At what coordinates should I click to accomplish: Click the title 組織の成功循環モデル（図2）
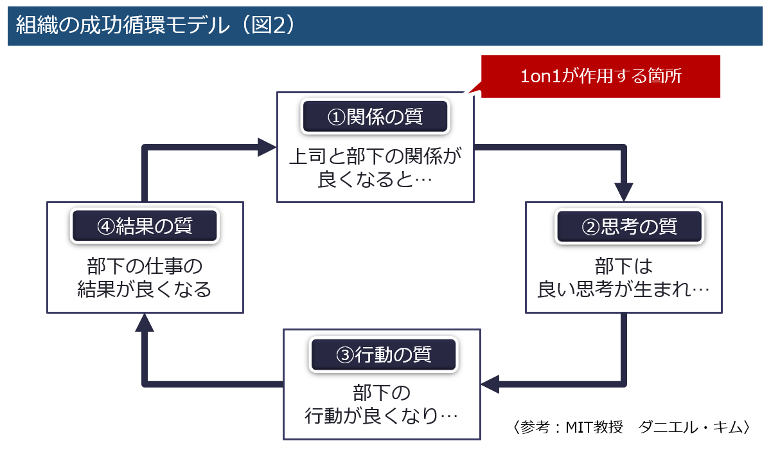pyautogui.click(x=155, y=25)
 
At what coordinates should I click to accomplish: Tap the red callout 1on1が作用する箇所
pyautogui.click(x=600, y=76)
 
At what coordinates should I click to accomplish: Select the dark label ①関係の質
pyautogui.click(x=375, y=116)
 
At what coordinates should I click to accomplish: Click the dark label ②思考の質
pyautogui.click(x=629, y=226)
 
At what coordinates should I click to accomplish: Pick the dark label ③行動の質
pyautogui.click(x=384, y=354)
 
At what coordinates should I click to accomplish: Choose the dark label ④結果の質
pyautogui.click(x=145, y=226)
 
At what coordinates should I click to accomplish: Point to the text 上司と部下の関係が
pyautogui.click(x=375, y=156)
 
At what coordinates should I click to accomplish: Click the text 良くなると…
pyautogui.click(x=375, y=179)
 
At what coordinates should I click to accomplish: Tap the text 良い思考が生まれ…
pyautogui.click(x=623, y=289)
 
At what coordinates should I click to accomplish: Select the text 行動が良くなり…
pyautogui.click(x=382, y=415)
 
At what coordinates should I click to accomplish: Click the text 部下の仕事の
pyautogui.click(x=145, y=266)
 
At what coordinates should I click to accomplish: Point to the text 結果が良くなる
pyautogui.click(x=145, y=289)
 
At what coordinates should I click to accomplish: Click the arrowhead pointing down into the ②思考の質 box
pyautogui.click(x=624, y=192)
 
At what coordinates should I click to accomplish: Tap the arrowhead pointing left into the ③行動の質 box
pyautogui.click(x=490, y=384)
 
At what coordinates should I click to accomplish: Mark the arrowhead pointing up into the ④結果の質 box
pyautogui.click(x=145, y=323)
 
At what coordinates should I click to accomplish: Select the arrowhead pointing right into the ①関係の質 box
pyautogui.click(x=267, y=147)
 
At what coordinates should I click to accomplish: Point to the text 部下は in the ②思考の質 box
pyautogui.click(x=623, y=266)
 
